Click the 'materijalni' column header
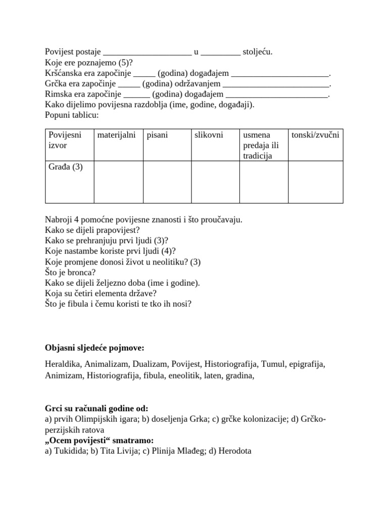116,135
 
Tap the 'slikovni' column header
209,135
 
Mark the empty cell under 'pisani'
167,182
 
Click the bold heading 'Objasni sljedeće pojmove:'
94,348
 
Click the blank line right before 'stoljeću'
221,52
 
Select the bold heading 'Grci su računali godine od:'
96,409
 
